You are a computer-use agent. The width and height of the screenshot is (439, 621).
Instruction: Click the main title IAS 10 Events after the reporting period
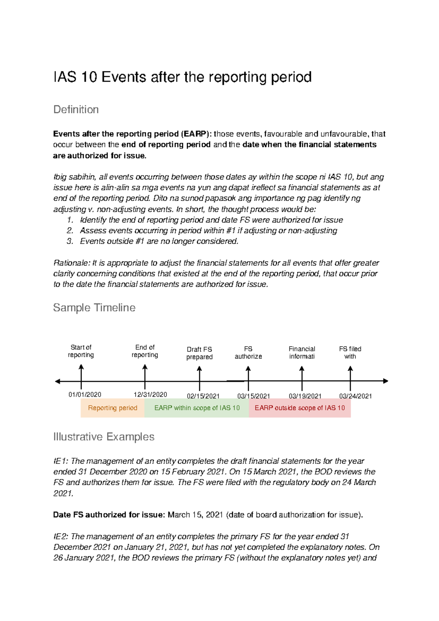click(182, 77)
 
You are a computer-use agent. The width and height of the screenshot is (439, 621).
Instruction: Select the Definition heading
click(76, 109)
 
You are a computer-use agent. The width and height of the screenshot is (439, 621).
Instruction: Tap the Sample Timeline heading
click(94, 308)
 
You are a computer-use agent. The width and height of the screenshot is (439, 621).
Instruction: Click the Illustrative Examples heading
click(104, 437)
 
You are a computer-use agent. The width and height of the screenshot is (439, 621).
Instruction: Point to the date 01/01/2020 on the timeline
click(85, 394)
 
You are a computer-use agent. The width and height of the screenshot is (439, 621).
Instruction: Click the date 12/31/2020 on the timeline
click(150, 394)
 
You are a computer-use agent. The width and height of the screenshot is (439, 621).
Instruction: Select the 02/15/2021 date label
click(203, 396)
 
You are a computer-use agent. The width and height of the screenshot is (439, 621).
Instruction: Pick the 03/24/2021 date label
click(355, 396)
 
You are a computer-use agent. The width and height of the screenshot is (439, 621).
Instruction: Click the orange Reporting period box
click(112, 408)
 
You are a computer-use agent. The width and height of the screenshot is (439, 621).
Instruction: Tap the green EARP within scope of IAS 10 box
click(197, 408)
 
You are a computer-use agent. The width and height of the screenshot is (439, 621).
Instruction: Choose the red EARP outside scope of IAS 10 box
click(300, 408)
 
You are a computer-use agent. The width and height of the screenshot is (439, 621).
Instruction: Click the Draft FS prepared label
click(199, 353)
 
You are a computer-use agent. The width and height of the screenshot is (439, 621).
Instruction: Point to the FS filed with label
click(350, 353)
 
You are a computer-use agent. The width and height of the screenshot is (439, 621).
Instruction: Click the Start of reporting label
click(81, 351)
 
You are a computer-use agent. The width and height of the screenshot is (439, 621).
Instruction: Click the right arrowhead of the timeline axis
click(385, 381)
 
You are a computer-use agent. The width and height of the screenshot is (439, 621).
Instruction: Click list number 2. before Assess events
click(70, 231)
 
